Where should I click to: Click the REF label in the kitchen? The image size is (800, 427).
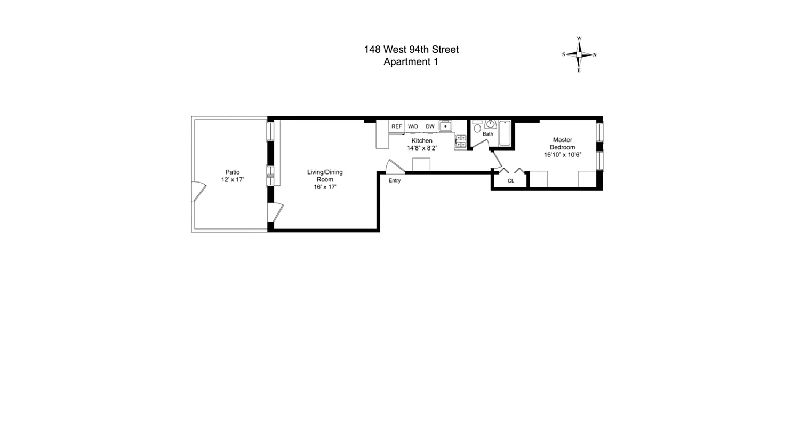tap(396, 126)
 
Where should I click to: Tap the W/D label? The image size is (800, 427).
tap(413, 126)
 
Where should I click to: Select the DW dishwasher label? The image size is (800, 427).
tap(430, 126)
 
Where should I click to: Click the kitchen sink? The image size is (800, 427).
tap(445, 126)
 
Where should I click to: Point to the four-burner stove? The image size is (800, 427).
tap(460, 141)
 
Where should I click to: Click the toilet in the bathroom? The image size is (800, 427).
tap(477, 127)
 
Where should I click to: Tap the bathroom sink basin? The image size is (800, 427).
tap(490, 125)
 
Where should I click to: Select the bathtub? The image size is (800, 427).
tap(505, 133)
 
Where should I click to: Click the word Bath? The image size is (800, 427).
tap(488, 134)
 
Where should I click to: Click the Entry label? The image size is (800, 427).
tap(394, 180)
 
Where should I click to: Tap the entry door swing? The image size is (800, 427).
tap(395, 167)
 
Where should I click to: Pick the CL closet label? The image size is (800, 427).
tap(510, 181)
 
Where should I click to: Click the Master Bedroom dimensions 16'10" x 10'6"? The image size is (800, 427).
tap(562, 155)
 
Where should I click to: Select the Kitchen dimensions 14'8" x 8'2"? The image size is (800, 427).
tap(422, 148)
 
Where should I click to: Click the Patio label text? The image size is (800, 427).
tap(233, 172)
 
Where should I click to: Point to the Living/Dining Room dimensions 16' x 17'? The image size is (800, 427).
tap(325, 187)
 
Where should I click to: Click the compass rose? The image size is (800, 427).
tap(579, 54)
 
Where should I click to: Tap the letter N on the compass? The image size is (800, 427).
tap(595, 55)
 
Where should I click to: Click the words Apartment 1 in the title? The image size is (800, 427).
tap(411, 61)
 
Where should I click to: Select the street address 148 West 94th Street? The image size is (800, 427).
tap(411, 50)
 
